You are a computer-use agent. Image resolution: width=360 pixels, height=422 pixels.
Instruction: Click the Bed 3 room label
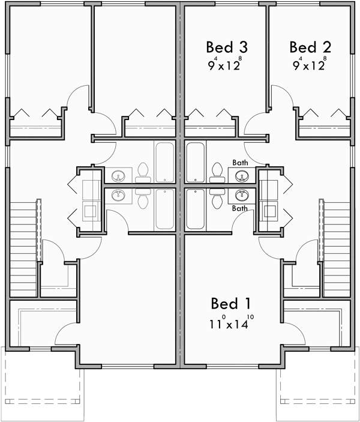click(x=227, y=47)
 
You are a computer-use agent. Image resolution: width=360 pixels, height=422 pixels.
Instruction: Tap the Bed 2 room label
click(x=310, y=47)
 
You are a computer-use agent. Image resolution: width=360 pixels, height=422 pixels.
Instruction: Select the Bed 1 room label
click(x=232, y=303)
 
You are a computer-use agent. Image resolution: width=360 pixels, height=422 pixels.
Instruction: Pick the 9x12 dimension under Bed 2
click(x=309, y=64)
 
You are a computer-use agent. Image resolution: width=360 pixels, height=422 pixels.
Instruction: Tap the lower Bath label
click(x=240, y=208)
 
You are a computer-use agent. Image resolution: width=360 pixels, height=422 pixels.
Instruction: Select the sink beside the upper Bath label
click(x=242, y=176)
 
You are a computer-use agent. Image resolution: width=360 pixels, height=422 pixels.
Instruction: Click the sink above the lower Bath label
click(x=242, y=195)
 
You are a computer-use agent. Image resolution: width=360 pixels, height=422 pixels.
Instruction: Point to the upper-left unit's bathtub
click(x=165, y=162)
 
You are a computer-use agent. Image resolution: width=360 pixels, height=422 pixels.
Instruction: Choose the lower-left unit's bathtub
click(x=165, y=209)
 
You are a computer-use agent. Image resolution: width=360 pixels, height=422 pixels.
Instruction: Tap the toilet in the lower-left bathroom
click(x=143, y=199)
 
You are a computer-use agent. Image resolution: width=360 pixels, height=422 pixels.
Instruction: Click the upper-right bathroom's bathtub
click(x=196, y=162)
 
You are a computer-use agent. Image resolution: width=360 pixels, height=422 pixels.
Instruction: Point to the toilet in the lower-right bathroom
click(x=217, y=199)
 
